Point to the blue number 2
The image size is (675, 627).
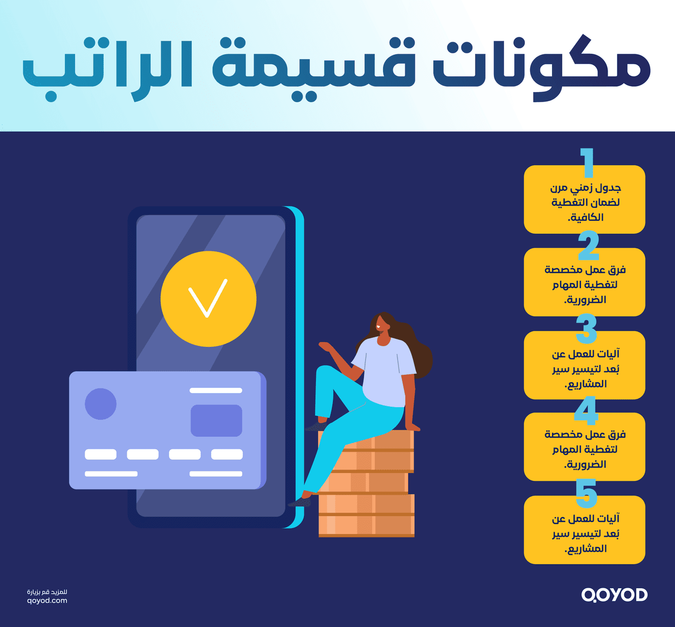tap(588, 246)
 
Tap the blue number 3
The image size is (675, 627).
tap(586, 329)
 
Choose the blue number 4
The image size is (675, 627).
tap(586, 411)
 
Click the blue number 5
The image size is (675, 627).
tap(586, 493)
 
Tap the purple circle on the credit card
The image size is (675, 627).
tap(101, 403)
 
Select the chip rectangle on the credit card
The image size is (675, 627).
tap(216, 420)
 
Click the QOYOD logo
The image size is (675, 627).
tap(614, 595)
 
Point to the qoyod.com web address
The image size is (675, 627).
tap(47, 601)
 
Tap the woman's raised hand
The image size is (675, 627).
tap(325, 347)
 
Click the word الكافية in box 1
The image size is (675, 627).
tap(586, 217)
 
